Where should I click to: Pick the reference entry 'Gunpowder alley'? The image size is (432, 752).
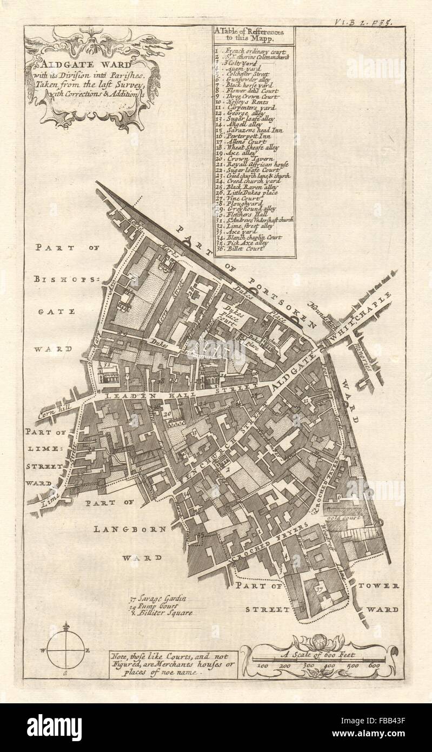(x=250, y=80)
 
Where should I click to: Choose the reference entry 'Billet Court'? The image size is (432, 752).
(x=248, y=248)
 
